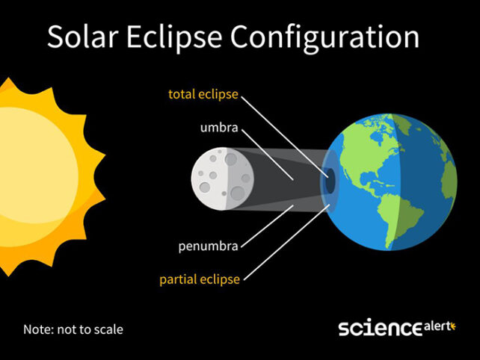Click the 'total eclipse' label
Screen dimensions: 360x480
203,95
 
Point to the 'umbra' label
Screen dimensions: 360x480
219,128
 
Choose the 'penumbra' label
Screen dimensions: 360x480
209,246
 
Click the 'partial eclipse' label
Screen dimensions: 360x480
200,279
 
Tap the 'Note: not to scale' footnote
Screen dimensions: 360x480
73,329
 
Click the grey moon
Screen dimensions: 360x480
222,180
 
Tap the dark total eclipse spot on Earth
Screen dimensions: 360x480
328,179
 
